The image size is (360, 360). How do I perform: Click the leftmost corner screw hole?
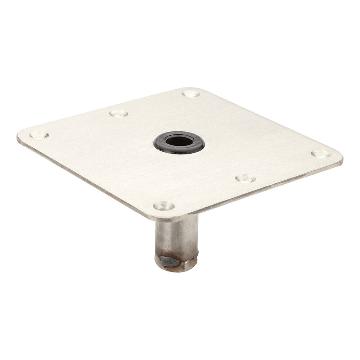tap(39, 135)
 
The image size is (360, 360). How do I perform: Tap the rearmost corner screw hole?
tap(190, 94)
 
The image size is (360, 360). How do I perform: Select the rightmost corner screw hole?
tap(320, 154)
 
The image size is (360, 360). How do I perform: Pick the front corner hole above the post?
tap(164, 206)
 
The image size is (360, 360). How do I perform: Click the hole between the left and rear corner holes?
tap(118, 114)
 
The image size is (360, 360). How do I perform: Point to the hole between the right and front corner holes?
tap(246, 179)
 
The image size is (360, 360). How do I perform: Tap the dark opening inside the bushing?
tap(179, 141)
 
